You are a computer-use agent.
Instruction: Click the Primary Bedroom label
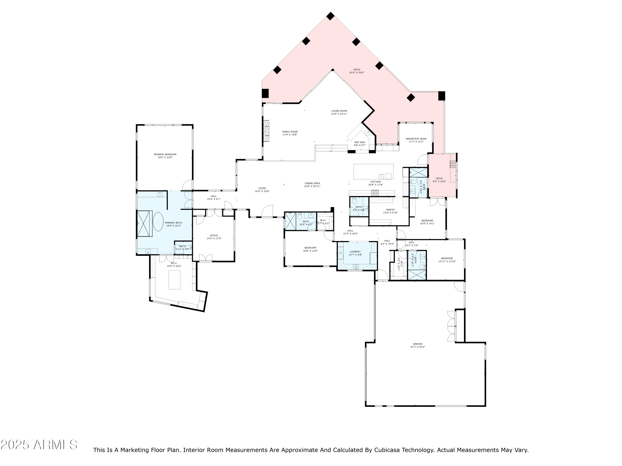pos(165,155)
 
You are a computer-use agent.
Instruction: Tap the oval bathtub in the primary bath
pos(158,222)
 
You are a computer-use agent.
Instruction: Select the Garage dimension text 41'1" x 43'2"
pos(418,347)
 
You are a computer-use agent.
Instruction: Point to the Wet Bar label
pos(359,142)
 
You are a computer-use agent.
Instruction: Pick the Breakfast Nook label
pos(416,139)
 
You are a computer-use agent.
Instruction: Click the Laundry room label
pos(355,252)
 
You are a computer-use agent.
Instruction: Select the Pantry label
pos(390,210)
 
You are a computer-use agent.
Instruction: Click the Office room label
pos(214,236)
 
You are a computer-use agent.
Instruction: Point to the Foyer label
pos(262,188)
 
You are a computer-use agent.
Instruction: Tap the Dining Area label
pos(312,184)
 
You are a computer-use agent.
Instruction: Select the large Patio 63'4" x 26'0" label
pos(357,70)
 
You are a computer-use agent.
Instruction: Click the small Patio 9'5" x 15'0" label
pos(439,179)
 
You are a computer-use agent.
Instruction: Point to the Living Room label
pos(339,111)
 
